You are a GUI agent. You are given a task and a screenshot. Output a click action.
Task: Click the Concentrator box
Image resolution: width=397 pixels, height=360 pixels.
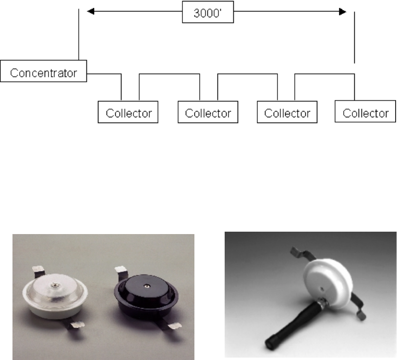click(x=44, y=74)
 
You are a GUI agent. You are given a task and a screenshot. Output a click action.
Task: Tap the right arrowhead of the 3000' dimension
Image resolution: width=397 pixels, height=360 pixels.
click(x=342, y=10)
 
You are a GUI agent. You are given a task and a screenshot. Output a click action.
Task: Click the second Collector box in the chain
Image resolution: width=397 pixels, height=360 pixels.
click(x=208, y=113)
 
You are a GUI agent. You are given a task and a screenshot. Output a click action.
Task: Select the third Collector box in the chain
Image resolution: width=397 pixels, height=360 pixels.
click(x=287, y=113)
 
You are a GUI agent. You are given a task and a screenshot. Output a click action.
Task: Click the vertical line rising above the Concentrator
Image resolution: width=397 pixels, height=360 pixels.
click(x=78, y=34)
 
